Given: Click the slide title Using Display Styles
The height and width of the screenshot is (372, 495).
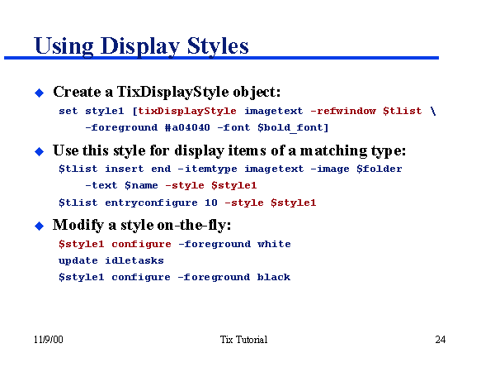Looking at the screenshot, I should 141,45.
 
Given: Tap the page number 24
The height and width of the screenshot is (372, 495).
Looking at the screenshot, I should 440,340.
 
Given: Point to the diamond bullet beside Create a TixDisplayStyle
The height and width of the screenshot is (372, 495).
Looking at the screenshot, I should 38,92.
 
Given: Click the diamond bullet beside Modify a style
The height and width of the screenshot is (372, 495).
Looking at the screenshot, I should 38,226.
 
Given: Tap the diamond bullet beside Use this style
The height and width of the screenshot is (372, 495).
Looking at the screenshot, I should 38,151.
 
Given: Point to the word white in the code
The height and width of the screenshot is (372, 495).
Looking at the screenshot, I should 274,244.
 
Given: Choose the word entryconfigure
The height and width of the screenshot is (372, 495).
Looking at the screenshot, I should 151,203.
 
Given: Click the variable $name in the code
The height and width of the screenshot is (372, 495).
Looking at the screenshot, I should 141,185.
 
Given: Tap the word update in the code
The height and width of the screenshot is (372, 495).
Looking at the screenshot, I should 78,260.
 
